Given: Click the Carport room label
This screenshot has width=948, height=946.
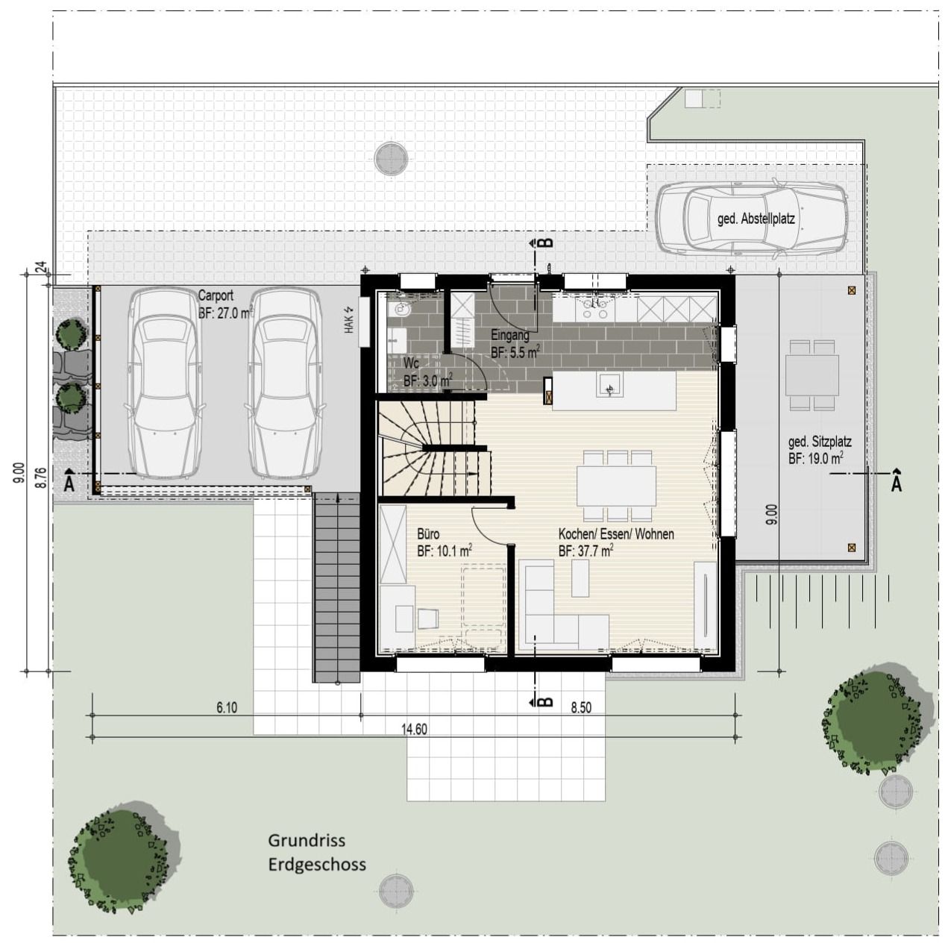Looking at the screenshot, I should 216,296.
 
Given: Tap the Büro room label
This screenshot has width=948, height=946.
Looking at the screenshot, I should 428,534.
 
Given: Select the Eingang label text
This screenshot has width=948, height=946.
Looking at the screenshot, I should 510,336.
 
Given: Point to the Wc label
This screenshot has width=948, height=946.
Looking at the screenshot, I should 411,363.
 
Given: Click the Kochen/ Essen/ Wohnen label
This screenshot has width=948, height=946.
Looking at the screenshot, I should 616,534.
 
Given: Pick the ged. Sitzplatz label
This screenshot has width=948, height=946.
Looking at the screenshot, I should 820,442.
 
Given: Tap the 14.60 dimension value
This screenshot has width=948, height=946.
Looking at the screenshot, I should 415,730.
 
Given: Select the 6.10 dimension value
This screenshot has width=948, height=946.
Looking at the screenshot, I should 227,708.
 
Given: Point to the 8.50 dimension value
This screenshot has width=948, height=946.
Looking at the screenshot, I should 581,708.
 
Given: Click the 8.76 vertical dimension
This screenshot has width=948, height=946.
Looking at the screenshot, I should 41,477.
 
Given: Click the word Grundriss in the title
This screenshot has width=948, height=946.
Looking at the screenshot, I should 307,841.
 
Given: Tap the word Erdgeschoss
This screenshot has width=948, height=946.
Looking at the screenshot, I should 317,865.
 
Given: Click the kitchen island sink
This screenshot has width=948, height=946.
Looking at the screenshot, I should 610,386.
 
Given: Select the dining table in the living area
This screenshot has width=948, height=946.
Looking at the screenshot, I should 615,485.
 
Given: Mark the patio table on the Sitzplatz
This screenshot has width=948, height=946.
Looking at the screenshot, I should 812,375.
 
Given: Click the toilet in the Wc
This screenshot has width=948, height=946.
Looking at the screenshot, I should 403,309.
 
